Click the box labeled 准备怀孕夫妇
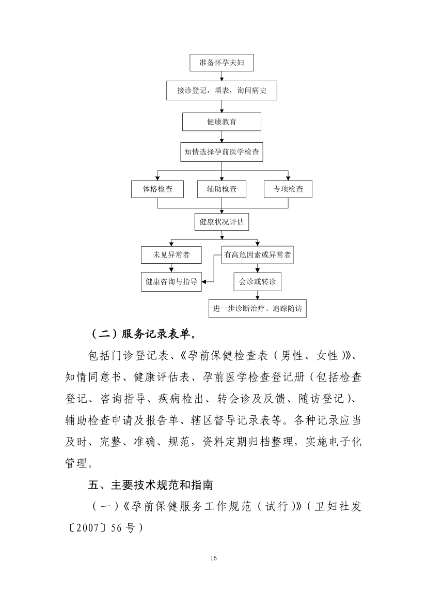222,63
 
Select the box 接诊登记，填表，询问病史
222,90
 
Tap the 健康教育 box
222,122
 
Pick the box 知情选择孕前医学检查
222,152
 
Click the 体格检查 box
157,189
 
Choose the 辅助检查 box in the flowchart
222,189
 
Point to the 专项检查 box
288,189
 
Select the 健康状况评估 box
222,222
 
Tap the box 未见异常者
171,254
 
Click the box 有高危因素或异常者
258,254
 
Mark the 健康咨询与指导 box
171,282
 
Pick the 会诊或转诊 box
258,282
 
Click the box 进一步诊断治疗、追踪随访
258,308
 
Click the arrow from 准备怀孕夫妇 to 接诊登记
222,76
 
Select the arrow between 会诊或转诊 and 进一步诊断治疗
258,295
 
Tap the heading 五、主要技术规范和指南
151,485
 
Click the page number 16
214,558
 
